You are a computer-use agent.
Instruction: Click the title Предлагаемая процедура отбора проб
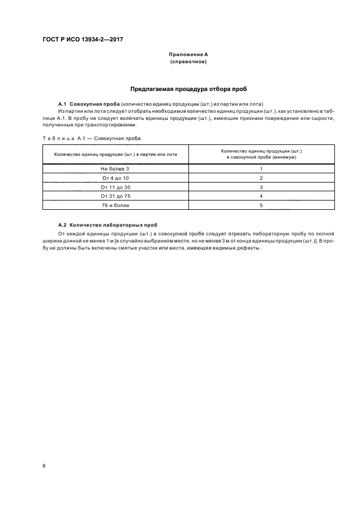click(x=188, y=88)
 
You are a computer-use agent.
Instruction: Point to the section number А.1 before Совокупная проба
click(x=62, y=104)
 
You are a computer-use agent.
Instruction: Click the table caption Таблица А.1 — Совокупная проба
click(x=91, y=138)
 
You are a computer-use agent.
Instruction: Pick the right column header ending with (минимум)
click(x=261, y=154)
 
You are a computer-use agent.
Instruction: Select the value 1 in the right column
click(x=261, y=169)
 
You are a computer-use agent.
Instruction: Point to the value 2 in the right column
click(x=261, y=178)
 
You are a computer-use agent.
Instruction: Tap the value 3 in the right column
click(x=261, y=187)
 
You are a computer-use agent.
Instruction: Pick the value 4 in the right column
click(x=261, y=196)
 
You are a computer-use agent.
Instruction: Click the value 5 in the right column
click(x=261, y=205)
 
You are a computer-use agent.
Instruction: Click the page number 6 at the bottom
click(x=44, y=465)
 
